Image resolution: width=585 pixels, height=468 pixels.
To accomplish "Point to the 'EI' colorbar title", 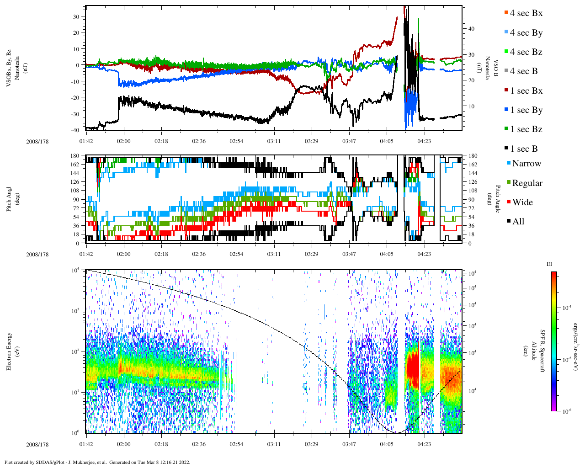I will point(549,264).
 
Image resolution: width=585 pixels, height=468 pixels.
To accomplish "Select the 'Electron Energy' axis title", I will point(9,351).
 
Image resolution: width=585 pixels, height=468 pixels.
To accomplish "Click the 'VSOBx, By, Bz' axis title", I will point(9,69).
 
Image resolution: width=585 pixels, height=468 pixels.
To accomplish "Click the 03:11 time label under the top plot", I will point(274,141).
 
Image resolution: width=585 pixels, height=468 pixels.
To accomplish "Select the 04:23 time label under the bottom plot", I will point(424,444).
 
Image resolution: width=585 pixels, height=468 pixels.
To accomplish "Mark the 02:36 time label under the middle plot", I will point(199,254).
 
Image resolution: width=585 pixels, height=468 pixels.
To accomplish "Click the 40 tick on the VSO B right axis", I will point(471,29).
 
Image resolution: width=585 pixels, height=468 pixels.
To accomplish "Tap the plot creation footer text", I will point(97,462).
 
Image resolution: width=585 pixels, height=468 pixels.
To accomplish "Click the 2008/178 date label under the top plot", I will point(37,142).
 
